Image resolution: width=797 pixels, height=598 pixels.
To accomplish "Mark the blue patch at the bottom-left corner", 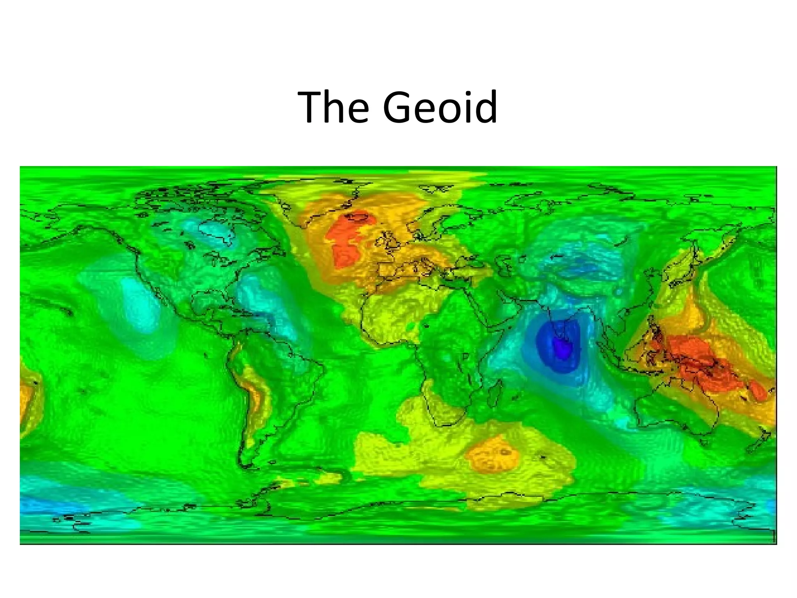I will point(39,506).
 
